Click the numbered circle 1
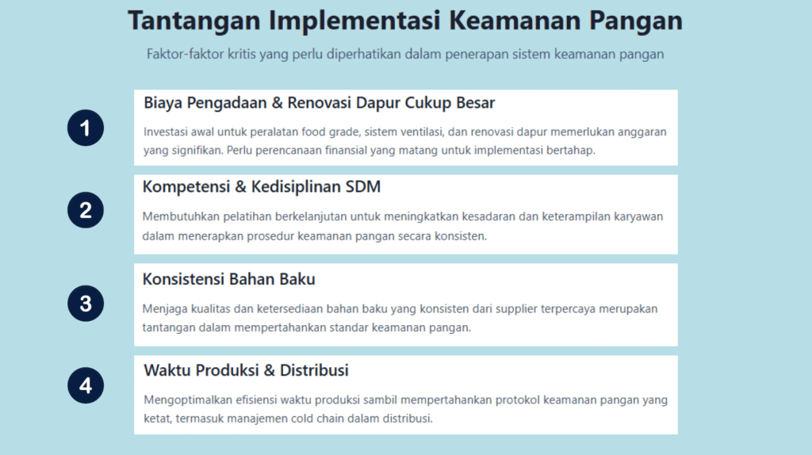pos(86,128)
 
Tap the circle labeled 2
pos(86,210)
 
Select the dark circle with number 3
pos(86,304)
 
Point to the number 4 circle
pos(86,385)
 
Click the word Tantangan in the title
pos(194,21)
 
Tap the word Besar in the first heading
pos(476,102)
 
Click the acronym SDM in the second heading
pos(363,186)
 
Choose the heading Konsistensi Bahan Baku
pos(229,279)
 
